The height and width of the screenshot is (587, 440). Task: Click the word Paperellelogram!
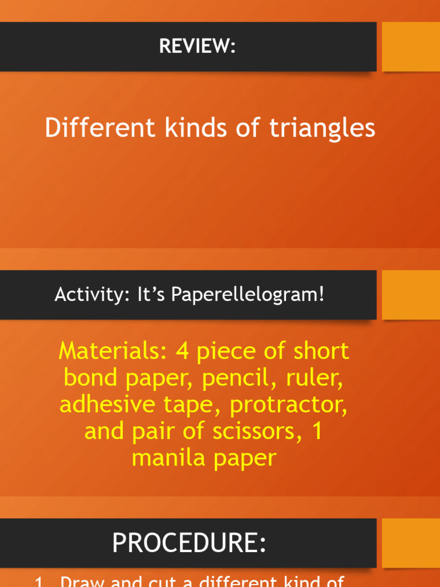tap(248, 296)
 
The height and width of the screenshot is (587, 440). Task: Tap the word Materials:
tap(113, 351)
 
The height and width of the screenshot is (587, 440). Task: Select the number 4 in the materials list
tap(182, 351)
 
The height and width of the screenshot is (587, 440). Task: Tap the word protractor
tap(289, 405)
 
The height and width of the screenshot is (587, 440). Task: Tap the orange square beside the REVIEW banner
tap(411, 47)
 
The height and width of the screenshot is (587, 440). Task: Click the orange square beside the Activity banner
tap(411, 295)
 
